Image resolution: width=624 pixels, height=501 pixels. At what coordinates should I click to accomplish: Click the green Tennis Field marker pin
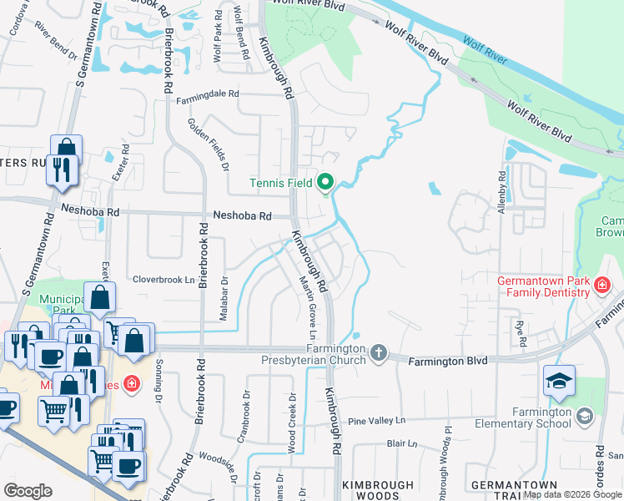point(326,182)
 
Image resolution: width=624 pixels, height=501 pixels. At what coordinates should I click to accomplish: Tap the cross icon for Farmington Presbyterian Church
point(380,352)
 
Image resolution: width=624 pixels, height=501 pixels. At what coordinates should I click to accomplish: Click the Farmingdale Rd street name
point(208,102)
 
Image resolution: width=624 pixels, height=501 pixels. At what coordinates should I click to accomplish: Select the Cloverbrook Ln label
point(164,280)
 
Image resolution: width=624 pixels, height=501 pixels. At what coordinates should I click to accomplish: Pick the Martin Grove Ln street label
point(306,305)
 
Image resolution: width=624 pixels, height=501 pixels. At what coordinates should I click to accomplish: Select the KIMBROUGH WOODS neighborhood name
point(378,490)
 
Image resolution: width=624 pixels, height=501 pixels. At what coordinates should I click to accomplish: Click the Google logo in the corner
point(28,491)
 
